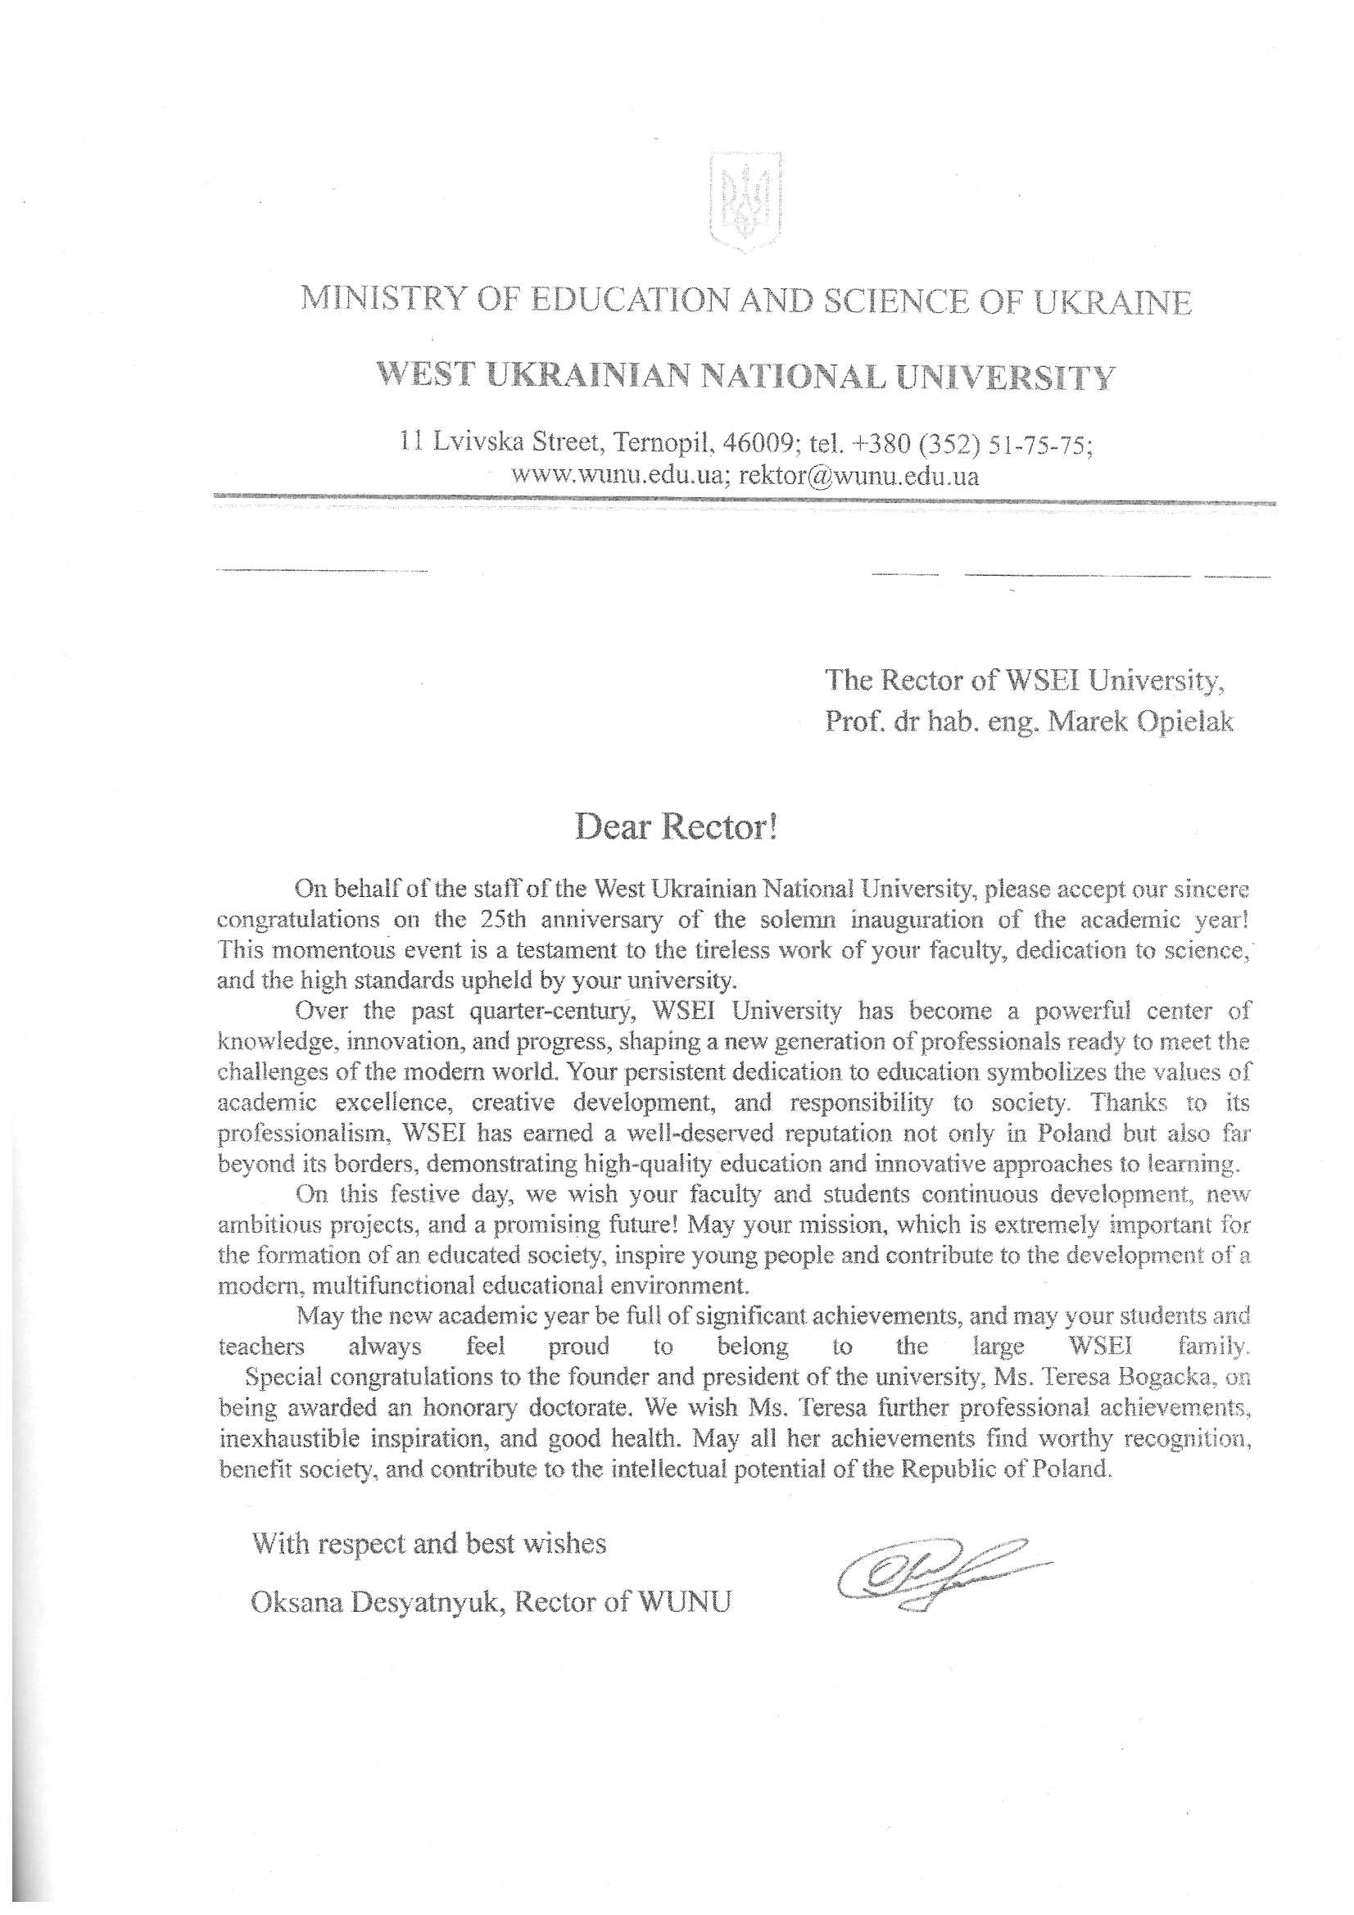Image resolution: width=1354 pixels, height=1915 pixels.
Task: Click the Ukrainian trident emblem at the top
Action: [745, 200]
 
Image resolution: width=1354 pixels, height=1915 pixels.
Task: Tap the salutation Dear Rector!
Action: [677, 827]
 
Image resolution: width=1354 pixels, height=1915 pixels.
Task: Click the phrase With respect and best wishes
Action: [429, 1544]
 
